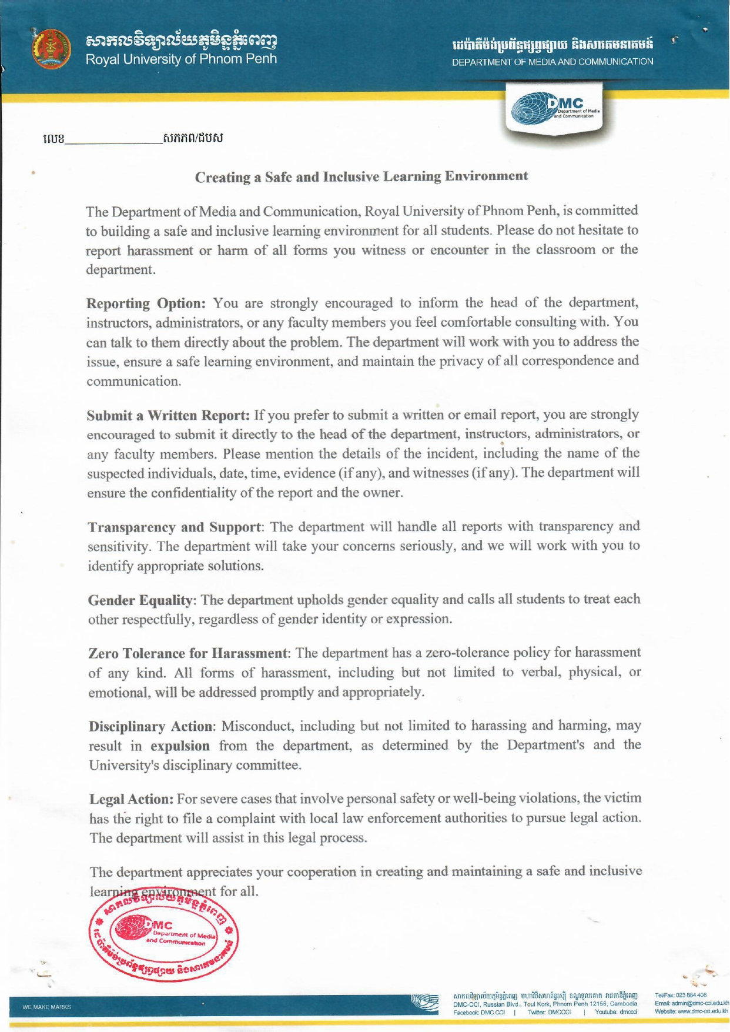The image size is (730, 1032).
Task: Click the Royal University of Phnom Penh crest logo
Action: [51, 49]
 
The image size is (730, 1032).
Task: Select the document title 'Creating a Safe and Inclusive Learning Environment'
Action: [361, 176]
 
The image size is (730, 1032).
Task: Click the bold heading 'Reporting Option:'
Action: [146, 303]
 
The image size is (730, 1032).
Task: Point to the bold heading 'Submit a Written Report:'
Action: [169, 415]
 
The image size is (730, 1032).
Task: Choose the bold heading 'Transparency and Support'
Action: [174, 526]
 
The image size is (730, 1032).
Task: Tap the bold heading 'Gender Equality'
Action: [140, 600]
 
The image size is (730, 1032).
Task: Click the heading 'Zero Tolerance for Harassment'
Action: [187, 653]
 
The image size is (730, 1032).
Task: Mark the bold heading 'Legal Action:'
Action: [131, 799]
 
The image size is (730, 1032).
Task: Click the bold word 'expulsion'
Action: [180, 746]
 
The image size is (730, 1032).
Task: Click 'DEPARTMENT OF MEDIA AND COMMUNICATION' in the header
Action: [552, 62]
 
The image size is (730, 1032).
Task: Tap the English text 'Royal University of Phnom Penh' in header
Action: [181, 59]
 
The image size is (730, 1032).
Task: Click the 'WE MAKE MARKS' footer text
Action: [46, 1007]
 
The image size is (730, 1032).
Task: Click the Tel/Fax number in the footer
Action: [681, 995]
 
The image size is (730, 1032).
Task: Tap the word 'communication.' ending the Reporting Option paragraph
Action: [133, 382]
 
